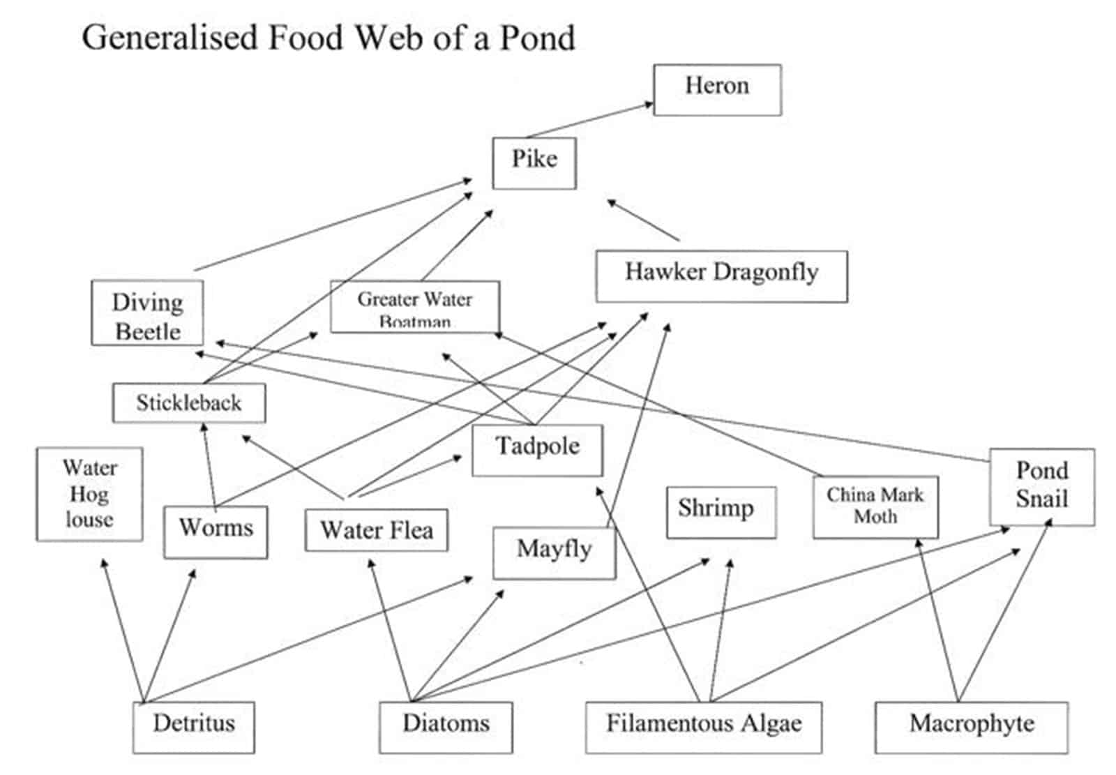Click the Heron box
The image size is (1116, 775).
click(717, 89)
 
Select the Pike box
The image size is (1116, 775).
click(534, 163)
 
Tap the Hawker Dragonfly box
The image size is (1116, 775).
click(721, 276)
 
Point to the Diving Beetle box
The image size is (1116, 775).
click(147, 313)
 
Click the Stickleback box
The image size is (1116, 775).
click(189, 402)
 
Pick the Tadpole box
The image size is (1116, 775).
click(537, 450)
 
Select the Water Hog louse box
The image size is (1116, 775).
click(89, 494)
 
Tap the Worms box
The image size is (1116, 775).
click(216, 532)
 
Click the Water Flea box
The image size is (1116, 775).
click(377, 530)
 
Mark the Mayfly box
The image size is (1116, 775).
click(555, 552)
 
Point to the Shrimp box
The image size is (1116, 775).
click(721, 511)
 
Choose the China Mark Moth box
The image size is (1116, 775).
click(875, 506)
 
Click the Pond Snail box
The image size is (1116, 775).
click(1042, 486)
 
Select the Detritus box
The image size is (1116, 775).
click(194, 727)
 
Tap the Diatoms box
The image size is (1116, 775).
click(446, 727)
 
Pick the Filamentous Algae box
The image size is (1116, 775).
click(703, 727)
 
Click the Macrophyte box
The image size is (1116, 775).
click(971, 727)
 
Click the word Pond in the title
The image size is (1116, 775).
click(537, 38)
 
